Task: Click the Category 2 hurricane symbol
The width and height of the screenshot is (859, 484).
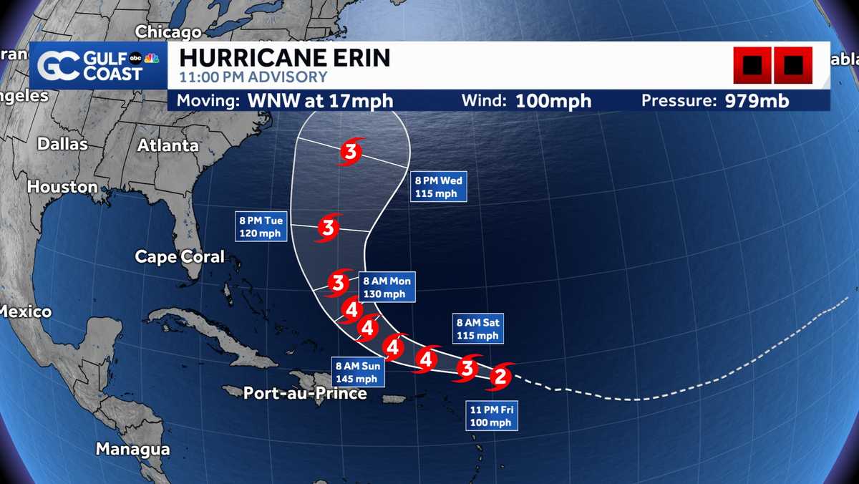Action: point(500,374)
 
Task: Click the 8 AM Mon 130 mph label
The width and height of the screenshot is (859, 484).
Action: point(387,287)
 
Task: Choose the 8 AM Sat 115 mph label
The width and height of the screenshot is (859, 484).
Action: point(477,329)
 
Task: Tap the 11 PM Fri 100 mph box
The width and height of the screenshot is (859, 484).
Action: point(491,416)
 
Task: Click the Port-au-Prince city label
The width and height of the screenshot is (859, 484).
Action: point(305,393)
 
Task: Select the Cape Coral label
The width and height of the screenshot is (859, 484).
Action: point(180,256)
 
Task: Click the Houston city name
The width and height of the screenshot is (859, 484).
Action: point(62,187)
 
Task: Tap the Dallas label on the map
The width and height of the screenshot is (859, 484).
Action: point(62,144)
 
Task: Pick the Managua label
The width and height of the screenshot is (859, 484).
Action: point(132,450)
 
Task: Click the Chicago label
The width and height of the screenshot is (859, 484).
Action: point(168,32)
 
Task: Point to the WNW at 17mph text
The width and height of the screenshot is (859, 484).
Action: point(320,101)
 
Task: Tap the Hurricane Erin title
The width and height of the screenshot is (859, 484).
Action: point(284,57)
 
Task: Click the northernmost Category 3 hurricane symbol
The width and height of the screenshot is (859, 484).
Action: point(350,152)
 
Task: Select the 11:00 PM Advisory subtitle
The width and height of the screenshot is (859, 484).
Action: point(253,77)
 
